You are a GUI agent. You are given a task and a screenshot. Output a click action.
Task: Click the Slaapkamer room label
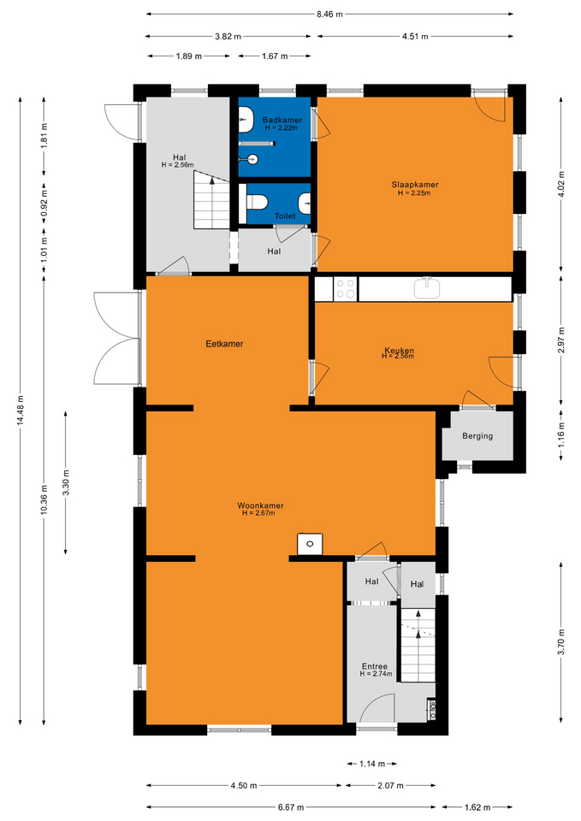[415, 185]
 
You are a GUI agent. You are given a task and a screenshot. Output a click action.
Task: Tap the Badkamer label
[282, 120]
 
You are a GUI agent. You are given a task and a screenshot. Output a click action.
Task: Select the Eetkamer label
[224, 344]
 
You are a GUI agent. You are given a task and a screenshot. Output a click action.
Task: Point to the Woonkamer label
[260, 505]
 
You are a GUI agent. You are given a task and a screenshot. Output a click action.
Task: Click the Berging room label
[477, 435]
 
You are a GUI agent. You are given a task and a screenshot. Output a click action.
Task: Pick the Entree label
[375, 666]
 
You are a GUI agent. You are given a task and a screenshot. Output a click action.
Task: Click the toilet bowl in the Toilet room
[257, 202]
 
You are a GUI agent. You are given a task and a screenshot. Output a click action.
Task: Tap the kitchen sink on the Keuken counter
[427, 288]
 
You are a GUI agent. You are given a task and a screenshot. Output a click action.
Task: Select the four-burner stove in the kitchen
[346, 289]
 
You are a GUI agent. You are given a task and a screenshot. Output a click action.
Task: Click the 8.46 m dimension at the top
[329, 15]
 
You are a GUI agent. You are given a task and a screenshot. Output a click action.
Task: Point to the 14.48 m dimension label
[21, 410]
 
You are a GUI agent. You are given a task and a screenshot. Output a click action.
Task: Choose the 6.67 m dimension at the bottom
[291, 807]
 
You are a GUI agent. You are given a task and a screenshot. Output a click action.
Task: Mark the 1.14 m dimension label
[372, 764]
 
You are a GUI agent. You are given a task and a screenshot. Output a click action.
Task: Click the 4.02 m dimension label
[561, 184]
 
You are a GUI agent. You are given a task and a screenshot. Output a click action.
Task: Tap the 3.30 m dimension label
[66, 482]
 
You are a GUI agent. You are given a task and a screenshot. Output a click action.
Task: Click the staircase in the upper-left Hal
[211, 200]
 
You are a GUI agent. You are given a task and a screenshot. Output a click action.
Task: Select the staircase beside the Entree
[418, 645]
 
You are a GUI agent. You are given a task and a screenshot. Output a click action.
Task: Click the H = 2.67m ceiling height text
[258, 513]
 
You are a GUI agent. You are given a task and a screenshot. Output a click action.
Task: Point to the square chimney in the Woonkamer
[310, 544]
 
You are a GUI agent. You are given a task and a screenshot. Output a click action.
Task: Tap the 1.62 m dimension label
[477, 807]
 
